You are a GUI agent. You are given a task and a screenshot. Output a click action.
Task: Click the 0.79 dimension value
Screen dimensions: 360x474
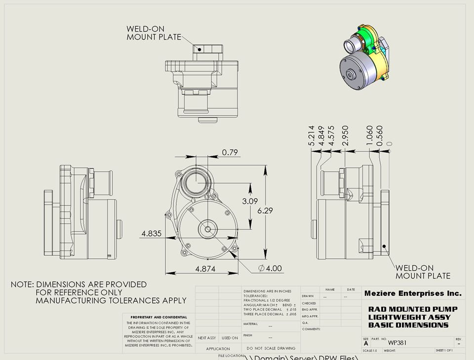tap(230, 153)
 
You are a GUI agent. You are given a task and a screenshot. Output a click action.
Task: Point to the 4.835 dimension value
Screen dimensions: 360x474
tap(151, 234)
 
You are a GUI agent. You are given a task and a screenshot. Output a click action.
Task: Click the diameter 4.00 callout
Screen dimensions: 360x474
tap(270, 269)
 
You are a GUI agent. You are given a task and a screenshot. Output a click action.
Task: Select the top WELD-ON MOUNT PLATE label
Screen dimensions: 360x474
tap(154, 33)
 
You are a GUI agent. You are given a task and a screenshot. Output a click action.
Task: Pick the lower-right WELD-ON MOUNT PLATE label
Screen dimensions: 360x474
tap(423, 271)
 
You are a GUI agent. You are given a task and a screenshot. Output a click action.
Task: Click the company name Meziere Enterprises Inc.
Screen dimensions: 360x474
tap(413, 293)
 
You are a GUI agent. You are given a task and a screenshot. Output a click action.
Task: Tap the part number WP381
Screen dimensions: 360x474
tap(397, 342)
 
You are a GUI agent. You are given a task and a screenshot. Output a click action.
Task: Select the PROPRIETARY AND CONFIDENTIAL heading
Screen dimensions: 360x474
tap(158, 317)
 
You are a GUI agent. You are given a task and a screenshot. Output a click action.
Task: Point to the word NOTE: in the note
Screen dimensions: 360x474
tap(22, 285)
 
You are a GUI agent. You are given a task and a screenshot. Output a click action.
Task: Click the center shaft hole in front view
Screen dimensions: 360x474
tap(207, 229)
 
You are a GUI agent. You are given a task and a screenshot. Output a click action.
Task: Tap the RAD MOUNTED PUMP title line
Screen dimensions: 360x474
tap(413, 309)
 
